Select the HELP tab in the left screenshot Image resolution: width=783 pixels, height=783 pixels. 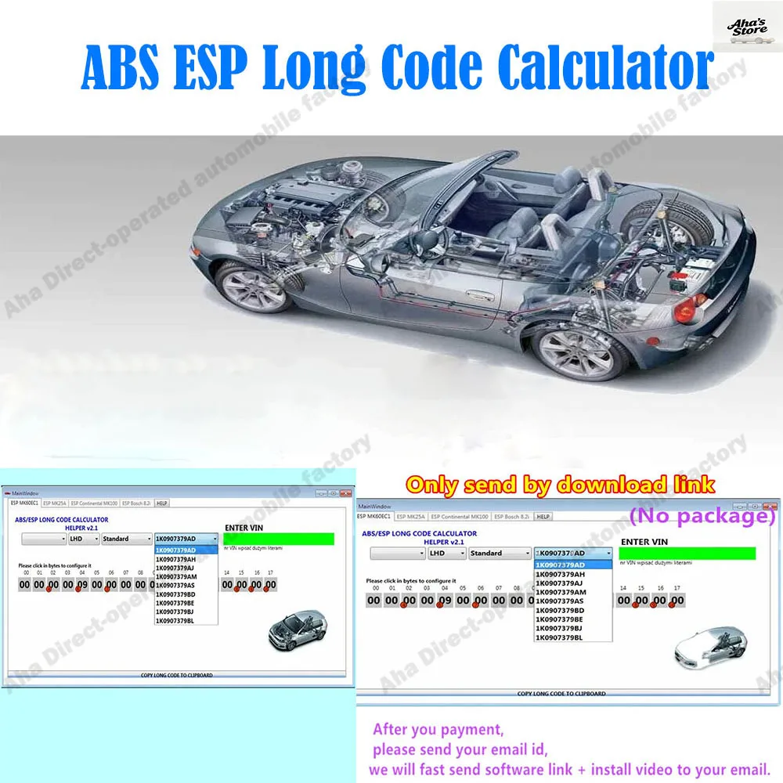pos(162,503)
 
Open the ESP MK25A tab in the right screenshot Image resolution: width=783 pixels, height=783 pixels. pos(410,517)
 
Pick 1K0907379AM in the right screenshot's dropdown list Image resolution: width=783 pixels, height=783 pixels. pos(560,592)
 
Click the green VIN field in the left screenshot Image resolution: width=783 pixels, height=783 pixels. pos(279,539)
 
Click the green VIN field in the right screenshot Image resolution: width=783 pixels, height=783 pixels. pos(687,553)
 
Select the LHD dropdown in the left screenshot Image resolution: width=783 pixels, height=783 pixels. pos(85,539)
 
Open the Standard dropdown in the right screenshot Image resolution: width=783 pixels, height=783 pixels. pos(500,553)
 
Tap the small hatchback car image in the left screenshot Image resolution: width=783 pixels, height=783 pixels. pos(297,627)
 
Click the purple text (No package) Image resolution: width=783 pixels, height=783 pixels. pos(702,516)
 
